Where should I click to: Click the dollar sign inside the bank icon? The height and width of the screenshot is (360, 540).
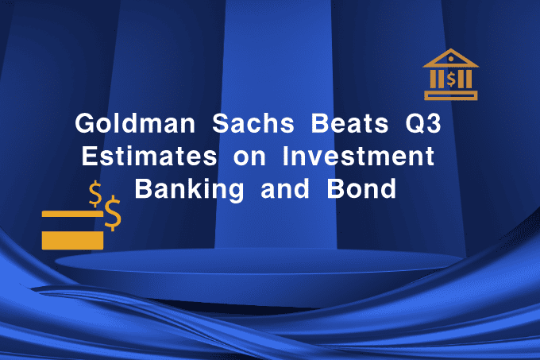(x=451, y=79)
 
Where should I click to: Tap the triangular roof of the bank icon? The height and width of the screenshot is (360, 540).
(x=451, y=60)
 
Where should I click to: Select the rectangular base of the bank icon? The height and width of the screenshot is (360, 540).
(x=451, y=95)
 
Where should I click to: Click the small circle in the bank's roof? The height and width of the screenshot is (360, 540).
(x=451, y=60)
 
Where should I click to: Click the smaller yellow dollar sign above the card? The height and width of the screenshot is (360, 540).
(x=96, y=192)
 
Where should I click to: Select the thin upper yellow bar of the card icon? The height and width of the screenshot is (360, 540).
(x=72, y=214)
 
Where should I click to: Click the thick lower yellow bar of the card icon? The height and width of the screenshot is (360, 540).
(x=72, y=239)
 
